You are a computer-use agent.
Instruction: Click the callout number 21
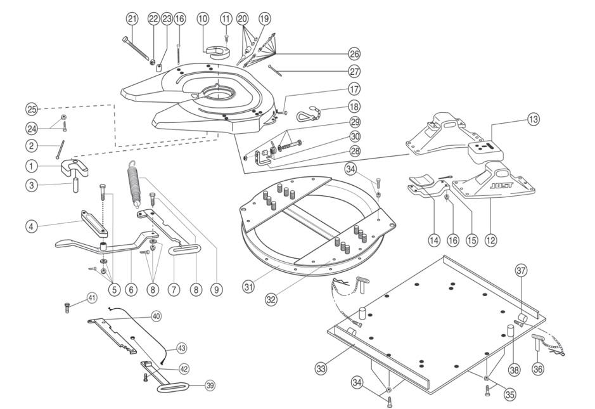pos(132,19)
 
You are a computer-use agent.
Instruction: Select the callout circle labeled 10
pos(203,19)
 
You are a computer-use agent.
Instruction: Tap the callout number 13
pos(533,119)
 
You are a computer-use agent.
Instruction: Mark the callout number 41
pos(74,297)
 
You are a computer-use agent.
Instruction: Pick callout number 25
pos(32,108)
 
